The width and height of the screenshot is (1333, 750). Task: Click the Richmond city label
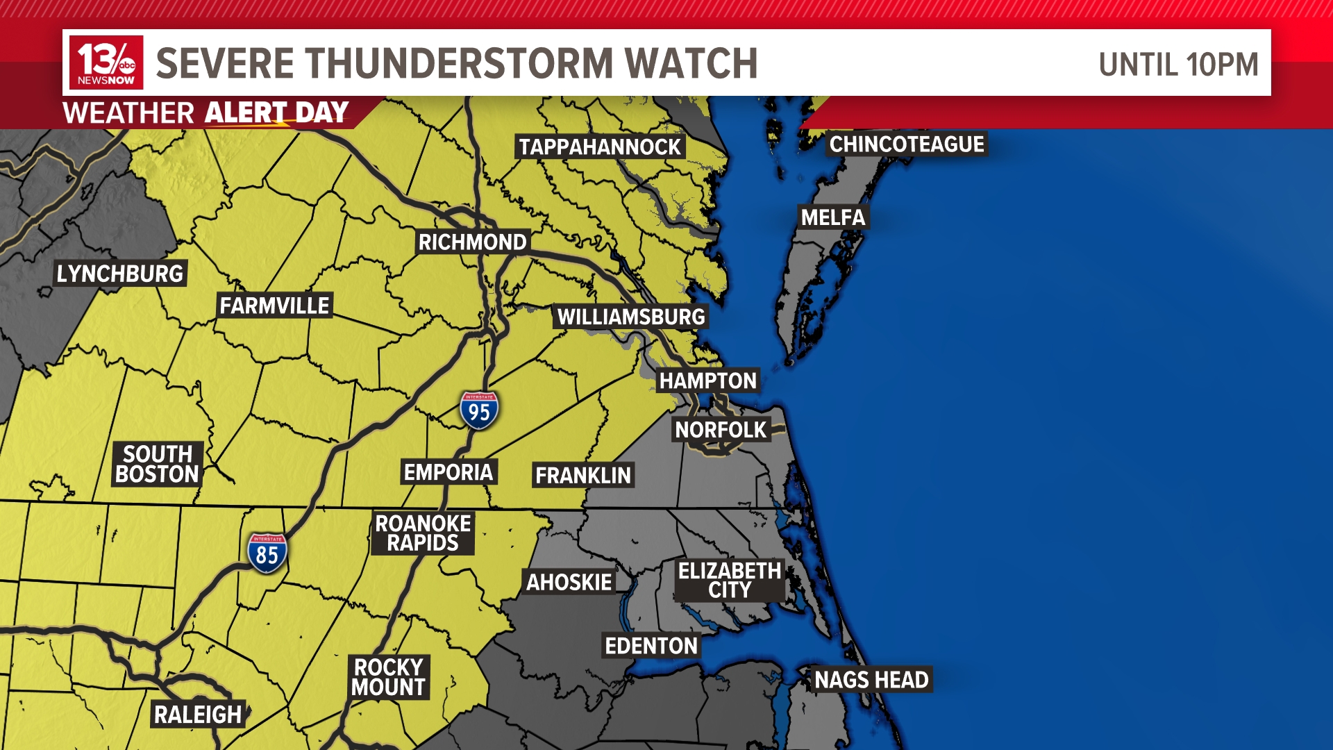473,242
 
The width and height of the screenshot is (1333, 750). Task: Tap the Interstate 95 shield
479,410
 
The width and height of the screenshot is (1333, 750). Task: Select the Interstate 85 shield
267,553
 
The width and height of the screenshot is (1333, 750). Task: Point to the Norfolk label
721,430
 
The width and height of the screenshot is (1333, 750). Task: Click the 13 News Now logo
106,62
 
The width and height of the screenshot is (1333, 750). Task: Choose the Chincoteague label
907,144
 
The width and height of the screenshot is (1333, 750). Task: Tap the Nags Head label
871,679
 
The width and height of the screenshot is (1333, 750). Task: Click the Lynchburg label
120,274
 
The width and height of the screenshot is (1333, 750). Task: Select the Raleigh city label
198,715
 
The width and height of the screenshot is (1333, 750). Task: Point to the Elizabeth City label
730,580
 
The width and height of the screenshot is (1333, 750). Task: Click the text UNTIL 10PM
1178,65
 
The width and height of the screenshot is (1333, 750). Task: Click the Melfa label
833,217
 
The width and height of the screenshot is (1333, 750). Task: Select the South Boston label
158,464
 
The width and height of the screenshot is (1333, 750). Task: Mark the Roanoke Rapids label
423,533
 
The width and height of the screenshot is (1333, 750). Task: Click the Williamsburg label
631,317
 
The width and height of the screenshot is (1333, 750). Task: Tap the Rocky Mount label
389,677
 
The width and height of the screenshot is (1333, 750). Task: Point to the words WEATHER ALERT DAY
206,112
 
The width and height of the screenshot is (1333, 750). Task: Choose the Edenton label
651,646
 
